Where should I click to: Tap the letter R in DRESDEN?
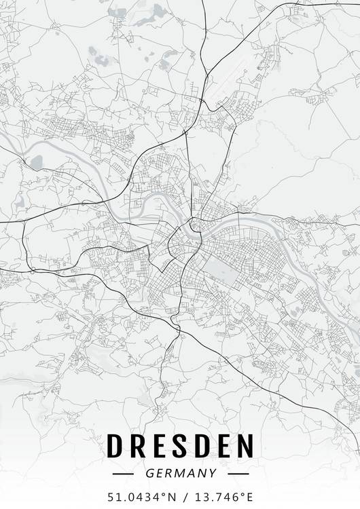coord(138,446)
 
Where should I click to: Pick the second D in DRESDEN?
coord(203,446)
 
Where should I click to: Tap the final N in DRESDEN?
coord(247,446)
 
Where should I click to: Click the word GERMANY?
coord(181,473)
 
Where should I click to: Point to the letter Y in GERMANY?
coord(213,473)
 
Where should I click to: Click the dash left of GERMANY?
coord(124,473)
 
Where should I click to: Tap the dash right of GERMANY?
coord(238,473)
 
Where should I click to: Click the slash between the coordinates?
coord(185,497)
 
